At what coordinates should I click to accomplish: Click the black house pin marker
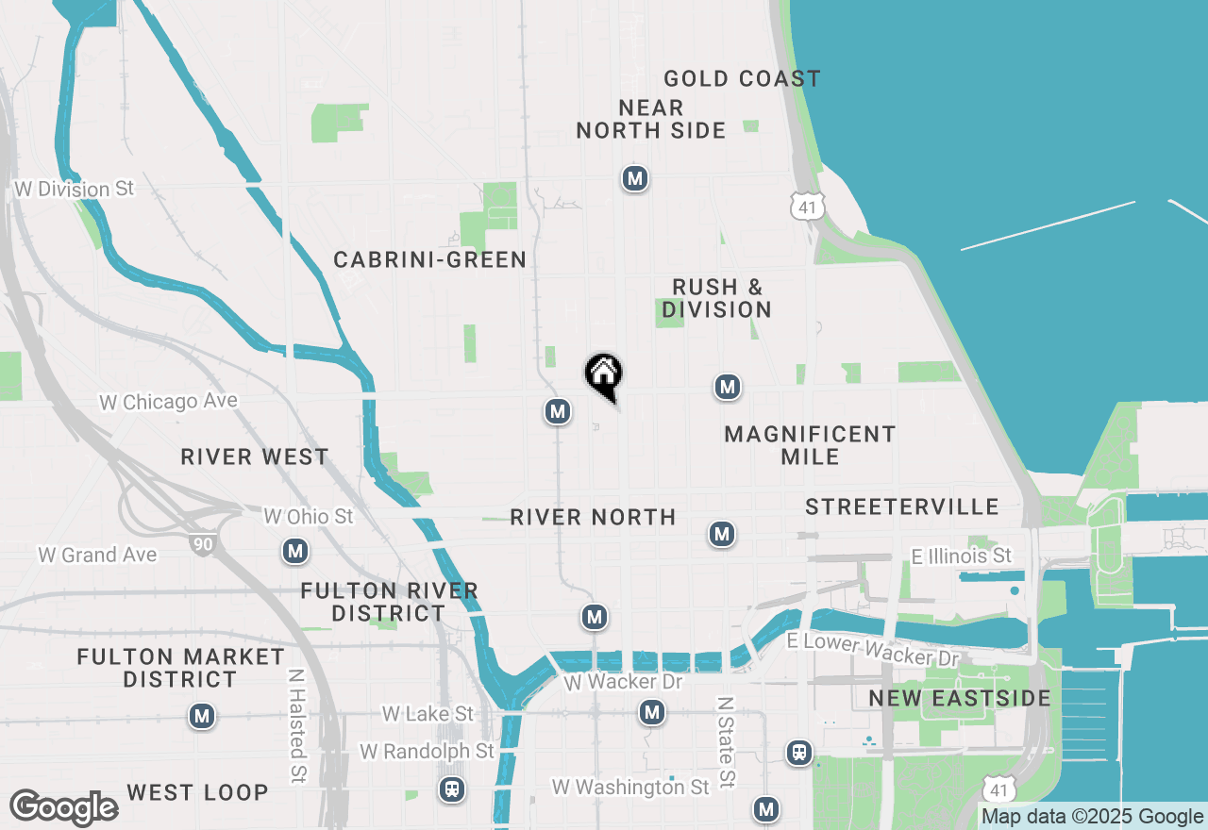pyautogui.click(x=604, y=374)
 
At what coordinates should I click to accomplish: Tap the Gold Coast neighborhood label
pyautogui.click(x=742, y=79)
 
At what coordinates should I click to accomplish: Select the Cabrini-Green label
pyautogui.click(x=429, y=259)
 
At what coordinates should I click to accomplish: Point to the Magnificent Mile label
pyautogui.click(x=810, y=445)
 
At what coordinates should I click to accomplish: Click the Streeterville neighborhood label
pyautogui.click(x=901, y=507)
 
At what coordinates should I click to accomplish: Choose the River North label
pyautogui.click(x=593, y=517)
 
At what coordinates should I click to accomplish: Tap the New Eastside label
pyautogui.click(x=960, y=699)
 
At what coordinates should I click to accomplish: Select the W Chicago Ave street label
pyautogui.click(x=169, y=402)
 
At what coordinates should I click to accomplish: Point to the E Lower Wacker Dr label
pyautogui.click(x=873, y=649)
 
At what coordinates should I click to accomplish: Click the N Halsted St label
pyautogui.click(x=297, y=725)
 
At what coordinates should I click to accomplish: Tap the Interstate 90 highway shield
pyautogui.click(x=201, y=543)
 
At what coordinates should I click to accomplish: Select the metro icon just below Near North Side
pyautogui.click(x=635, y=178)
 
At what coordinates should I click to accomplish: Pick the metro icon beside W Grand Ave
pyautogui.click(x=295, y=551)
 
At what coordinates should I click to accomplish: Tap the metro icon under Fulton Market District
pyautogui.click(x=201, y=717)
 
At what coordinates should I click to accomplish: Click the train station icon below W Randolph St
pyautogui.click(x=453, y=789)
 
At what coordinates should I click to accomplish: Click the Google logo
pyautogui.click(x=64, y=808)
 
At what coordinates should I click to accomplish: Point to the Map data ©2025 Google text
pyautogui.click(x=1092, y=817)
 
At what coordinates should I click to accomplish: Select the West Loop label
pyautogui.click(x=197, y=792)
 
